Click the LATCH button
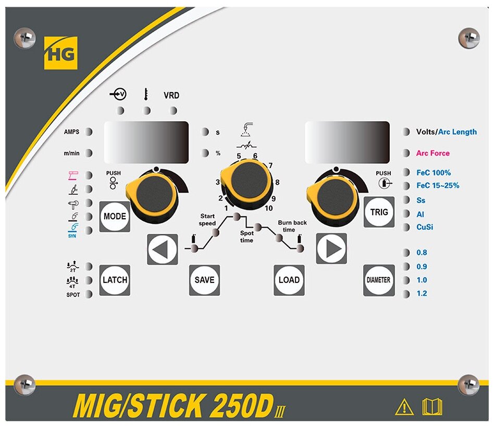click(115, 280)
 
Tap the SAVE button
click(204, 280)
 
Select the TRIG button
click(379, 212)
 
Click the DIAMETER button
click(379, 280)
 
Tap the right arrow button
click(331, 249)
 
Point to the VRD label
click(171, 96)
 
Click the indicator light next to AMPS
click(89, 132)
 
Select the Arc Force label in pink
click(433, 153)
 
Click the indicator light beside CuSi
click(406, 227)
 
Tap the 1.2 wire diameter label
click(422, 293)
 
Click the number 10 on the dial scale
click(268, 208)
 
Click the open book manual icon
click(432, 406)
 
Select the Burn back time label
click(292, 226)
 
